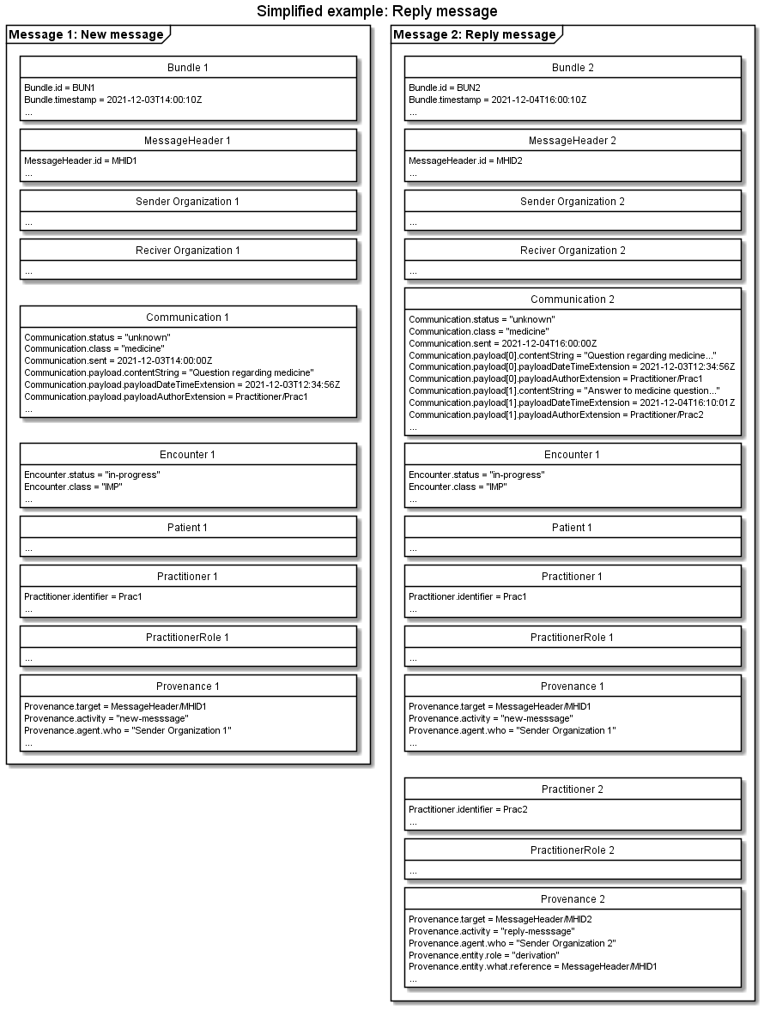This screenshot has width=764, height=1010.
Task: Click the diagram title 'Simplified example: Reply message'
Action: [377, 11]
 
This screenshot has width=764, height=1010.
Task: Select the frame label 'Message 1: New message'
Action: [86, 34]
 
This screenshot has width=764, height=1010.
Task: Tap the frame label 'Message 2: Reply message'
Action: [474, 34]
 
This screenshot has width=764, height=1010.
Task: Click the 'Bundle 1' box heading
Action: [187, 67]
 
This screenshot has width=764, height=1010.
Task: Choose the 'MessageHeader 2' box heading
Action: [573, 140]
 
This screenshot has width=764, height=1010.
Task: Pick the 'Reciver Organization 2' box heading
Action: [573, 251]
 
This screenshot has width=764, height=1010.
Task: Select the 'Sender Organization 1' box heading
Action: [187, 201]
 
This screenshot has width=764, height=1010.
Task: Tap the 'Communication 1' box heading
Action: [187, 318]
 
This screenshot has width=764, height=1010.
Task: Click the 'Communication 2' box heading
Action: [573, 299]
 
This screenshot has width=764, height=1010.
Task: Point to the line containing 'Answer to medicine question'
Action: [564, 390]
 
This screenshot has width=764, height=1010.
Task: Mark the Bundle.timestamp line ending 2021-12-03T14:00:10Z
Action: [112, 100]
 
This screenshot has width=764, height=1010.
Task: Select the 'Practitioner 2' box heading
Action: [573, 789]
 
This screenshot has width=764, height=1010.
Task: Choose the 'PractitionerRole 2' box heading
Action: [573, 850]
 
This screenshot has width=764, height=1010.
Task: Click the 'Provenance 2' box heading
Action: [573, 899]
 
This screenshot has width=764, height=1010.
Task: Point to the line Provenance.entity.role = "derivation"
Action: [484, 955]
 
